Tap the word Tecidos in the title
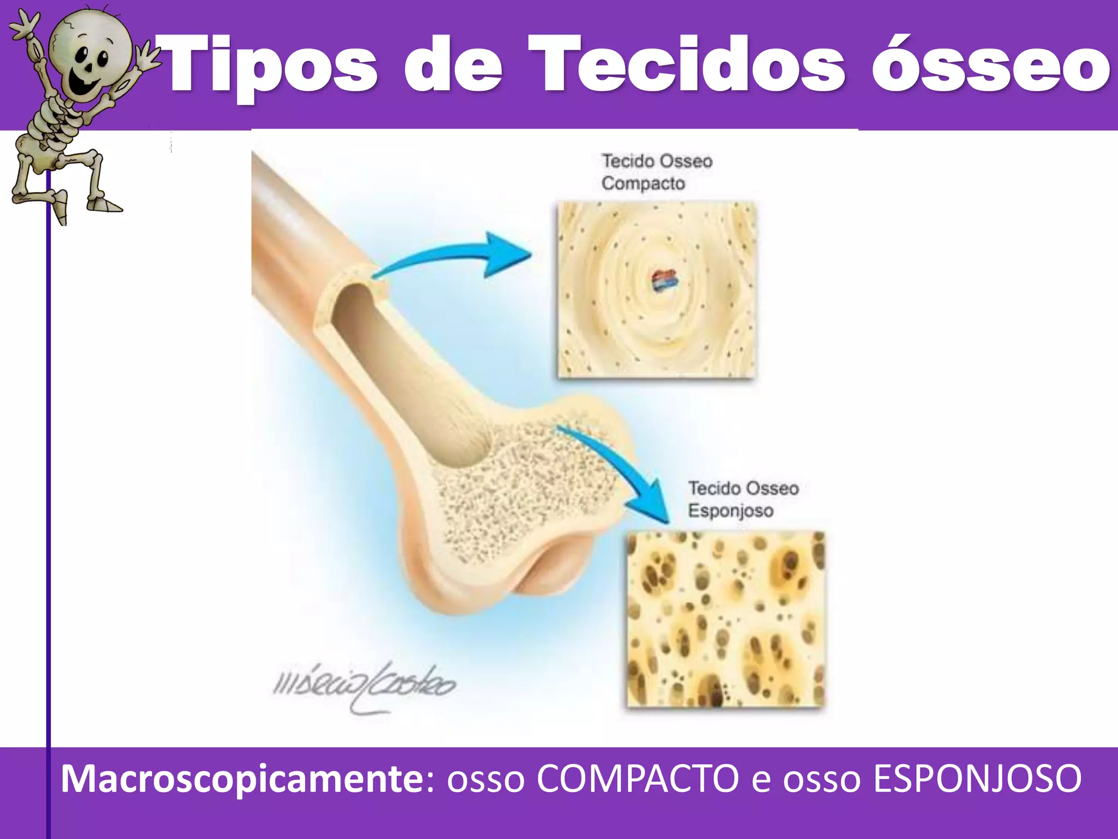[687, 64]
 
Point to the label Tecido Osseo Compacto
[656, 172]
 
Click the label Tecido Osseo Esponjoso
[742, 499]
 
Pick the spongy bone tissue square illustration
[725, 619]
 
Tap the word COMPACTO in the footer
[637, 778]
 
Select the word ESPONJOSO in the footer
[977, 778]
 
